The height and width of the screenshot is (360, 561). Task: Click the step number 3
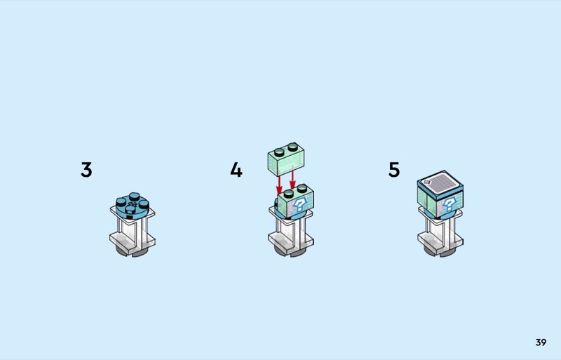[x=86, y=170]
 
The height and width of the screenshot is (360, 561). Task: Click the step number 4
[x=236, y=170]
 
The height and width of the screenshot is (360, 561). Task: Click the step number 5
[x=394, y=170]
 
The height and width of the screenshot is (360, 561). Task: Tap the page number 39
[x=540, y=342]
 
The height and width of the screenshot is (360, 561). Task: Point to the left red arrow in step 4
[x=279, y=184]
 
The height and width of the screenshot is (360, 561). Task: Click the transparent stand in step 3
[x=132, y=228]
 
